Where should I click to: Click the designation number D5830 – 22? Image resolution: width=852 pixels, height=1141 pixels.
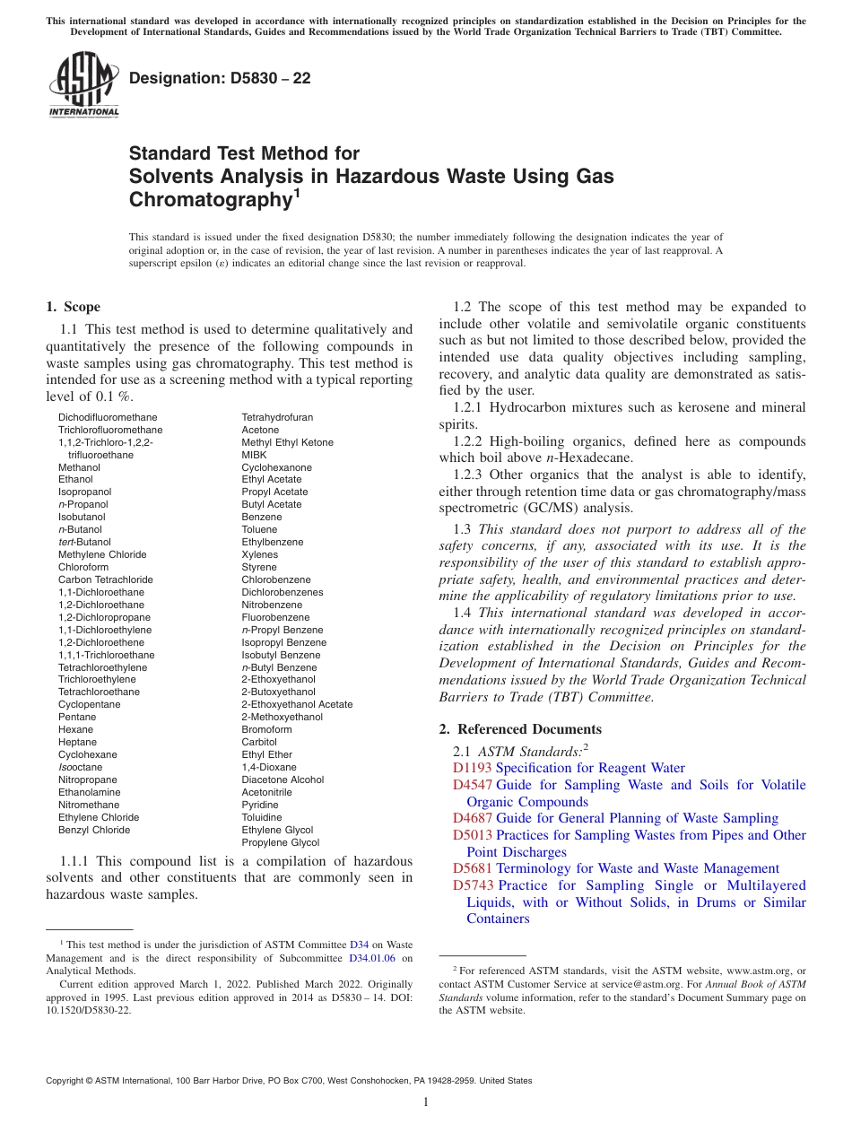tap(220, 78)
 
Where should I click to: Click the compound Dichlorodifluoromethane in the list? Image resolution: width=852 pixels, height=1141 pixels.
tap(108, 417)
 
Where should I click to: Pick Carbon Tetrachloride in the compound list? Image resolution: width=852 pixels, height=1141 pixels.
tap(106, 579)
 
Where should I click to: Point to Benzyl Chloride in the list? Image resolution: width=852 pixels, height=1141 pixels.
tap(94, 830)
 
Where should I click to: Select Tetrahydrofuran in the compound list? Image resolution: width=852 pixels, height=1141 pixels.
tap(277, 417)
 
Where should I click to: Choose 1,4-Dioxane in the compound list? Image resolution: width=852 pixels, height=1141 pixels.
tap(269, 767)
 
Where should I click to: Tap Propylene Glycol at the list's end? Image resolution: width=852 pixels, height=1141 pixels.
tap(280, 842)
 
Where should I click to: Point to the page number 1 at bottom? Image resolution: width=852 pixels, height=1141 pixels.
tap(426, 1102)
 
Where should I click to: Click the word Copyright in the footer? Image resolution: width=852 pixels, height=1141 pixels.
tap(67, 1081)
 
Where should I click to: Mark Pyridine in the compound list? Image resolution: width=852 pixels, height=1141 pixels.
tap(259, 805)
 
